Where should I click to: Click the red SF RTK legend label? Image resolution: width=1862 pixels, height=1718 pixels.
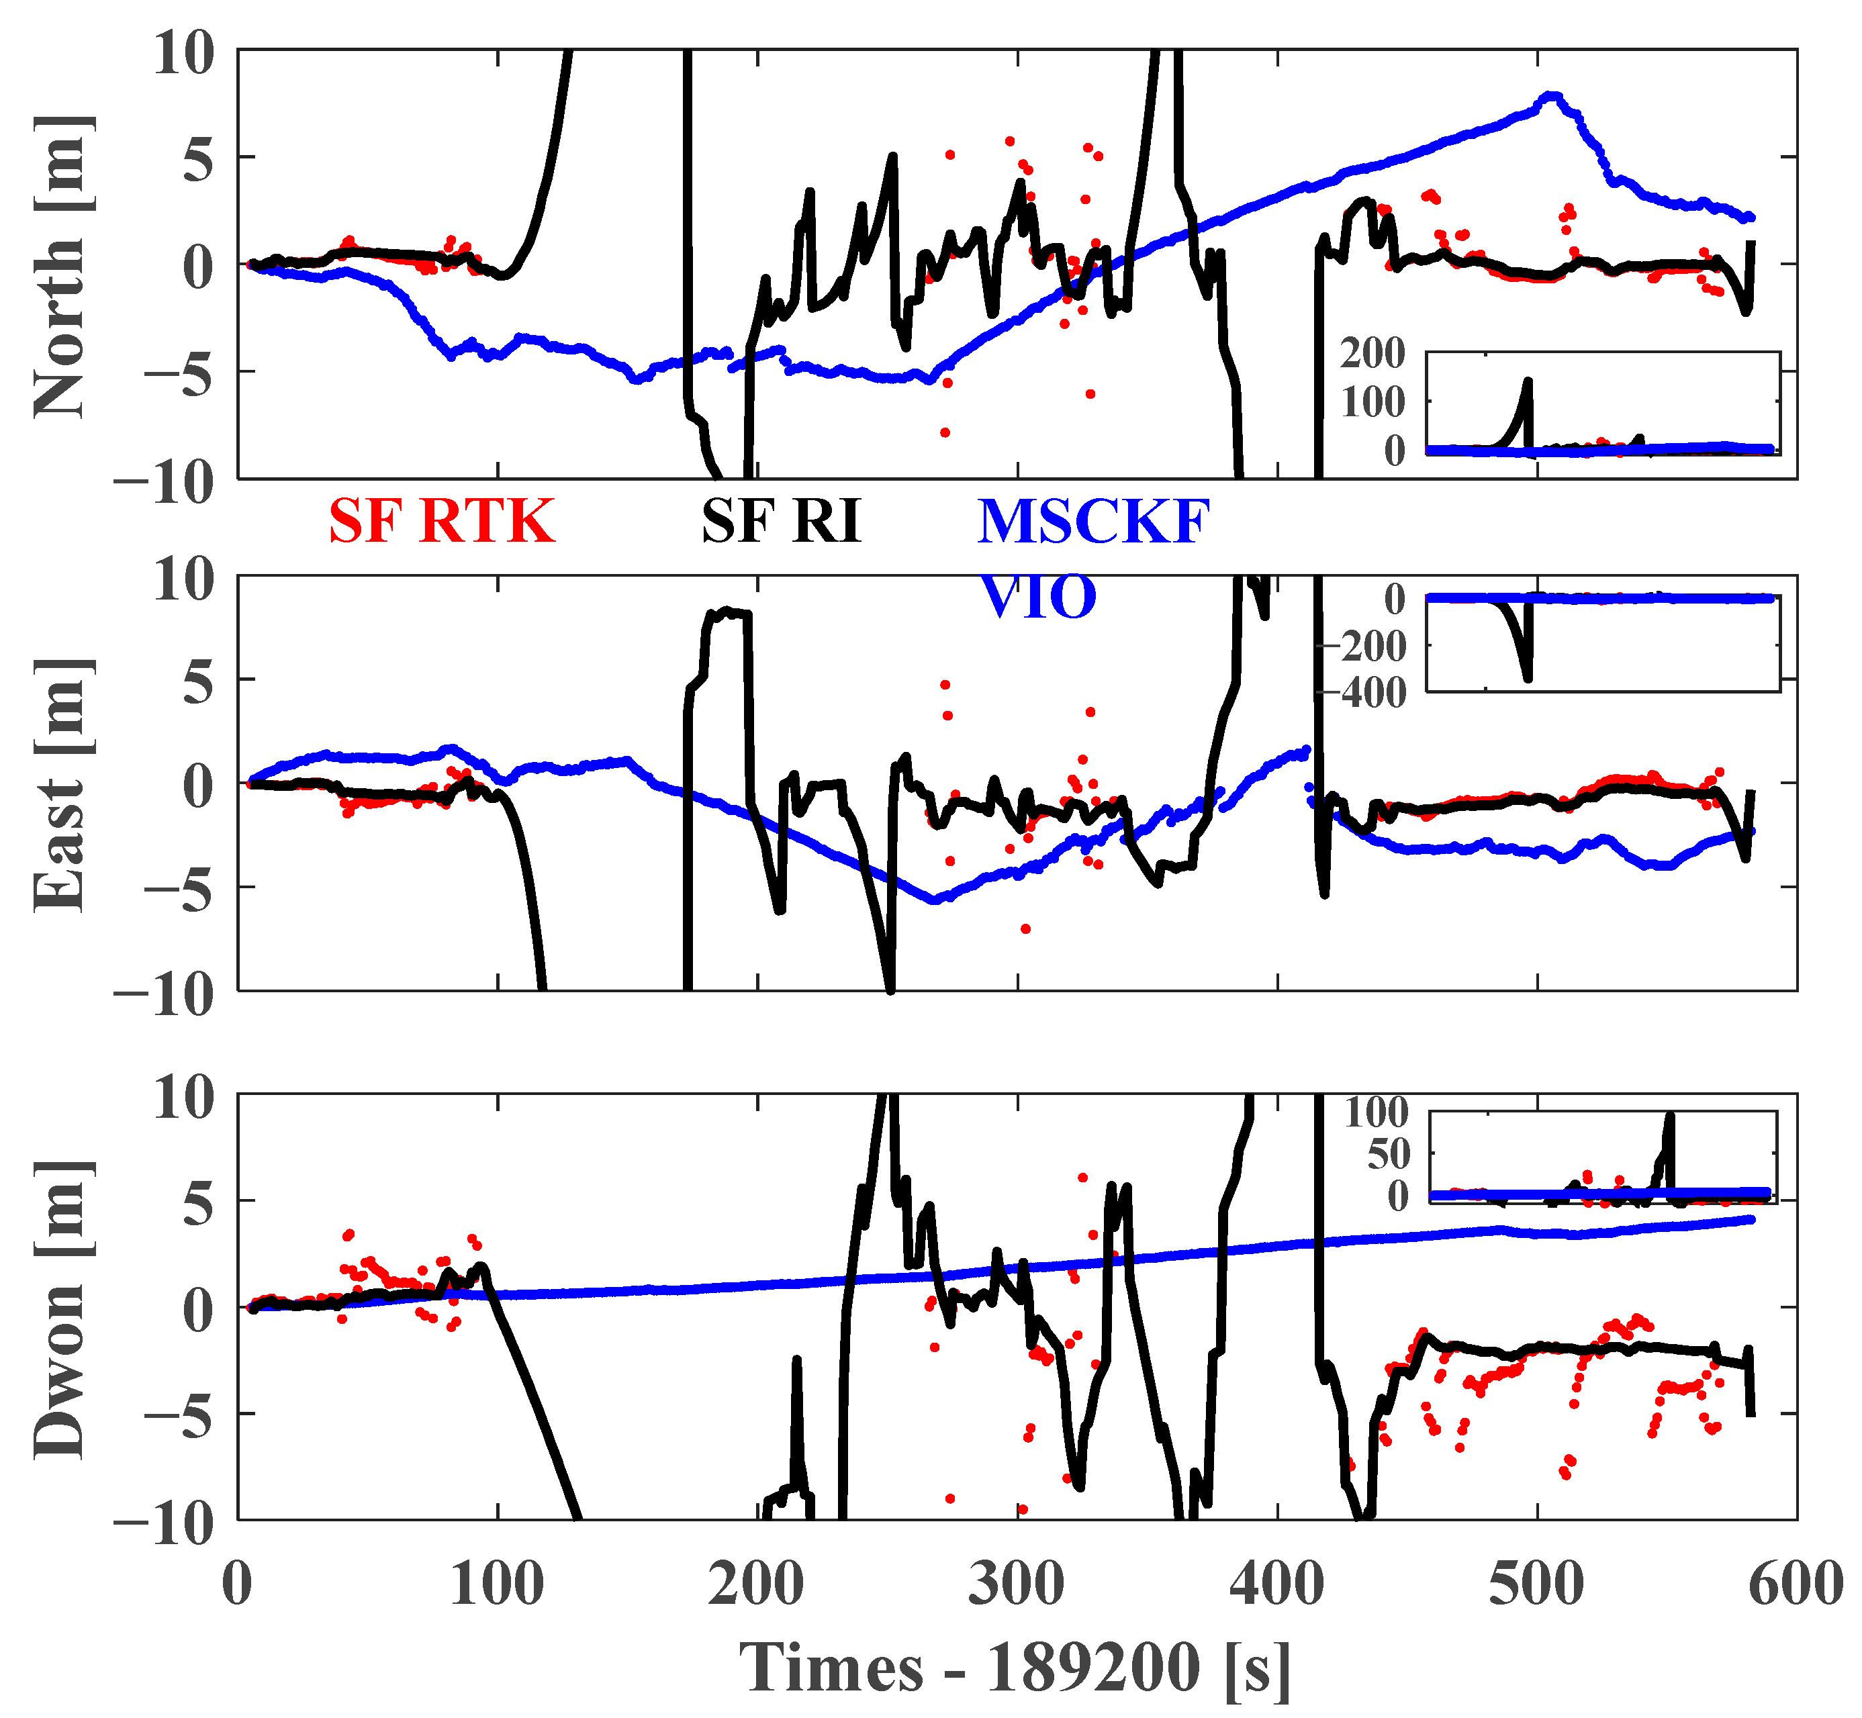(x=442, y=522)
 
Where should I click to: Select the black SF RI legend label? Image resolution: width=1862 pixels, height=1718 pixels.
(x=781, y=522)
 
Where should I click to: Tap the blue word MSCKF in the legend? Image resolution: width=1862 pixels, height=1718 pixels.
(x=1093, y=522)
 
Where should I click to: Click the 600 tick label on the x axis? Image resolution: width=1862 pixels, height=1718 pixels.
(x=1795, y=1584)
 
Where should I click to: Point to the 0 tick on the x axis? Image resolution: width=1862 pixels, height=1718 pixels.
(x=238, y=1584)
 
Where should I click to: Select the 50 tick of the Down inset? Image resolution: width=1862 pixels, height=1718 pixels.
(x=1388, y=1155)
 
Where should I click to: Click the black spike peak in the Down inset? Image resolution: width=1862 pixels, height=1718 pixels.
(x=1669, y=1116)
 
